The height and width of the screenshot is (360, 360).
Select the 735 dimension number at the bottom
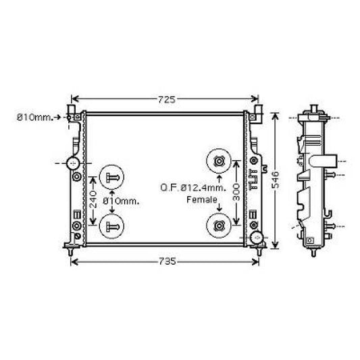167,261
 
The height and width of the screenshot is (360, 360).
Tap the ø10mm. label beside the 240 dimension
122,201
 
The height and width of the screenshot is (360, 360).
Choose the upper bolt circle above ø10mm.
111,177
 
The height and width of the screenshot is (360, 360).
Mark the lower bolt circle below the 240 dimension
111,226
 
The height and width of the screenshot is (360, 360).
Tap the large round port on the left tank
72,163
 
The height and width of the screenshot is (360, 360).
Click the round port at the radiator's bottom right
255,238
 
